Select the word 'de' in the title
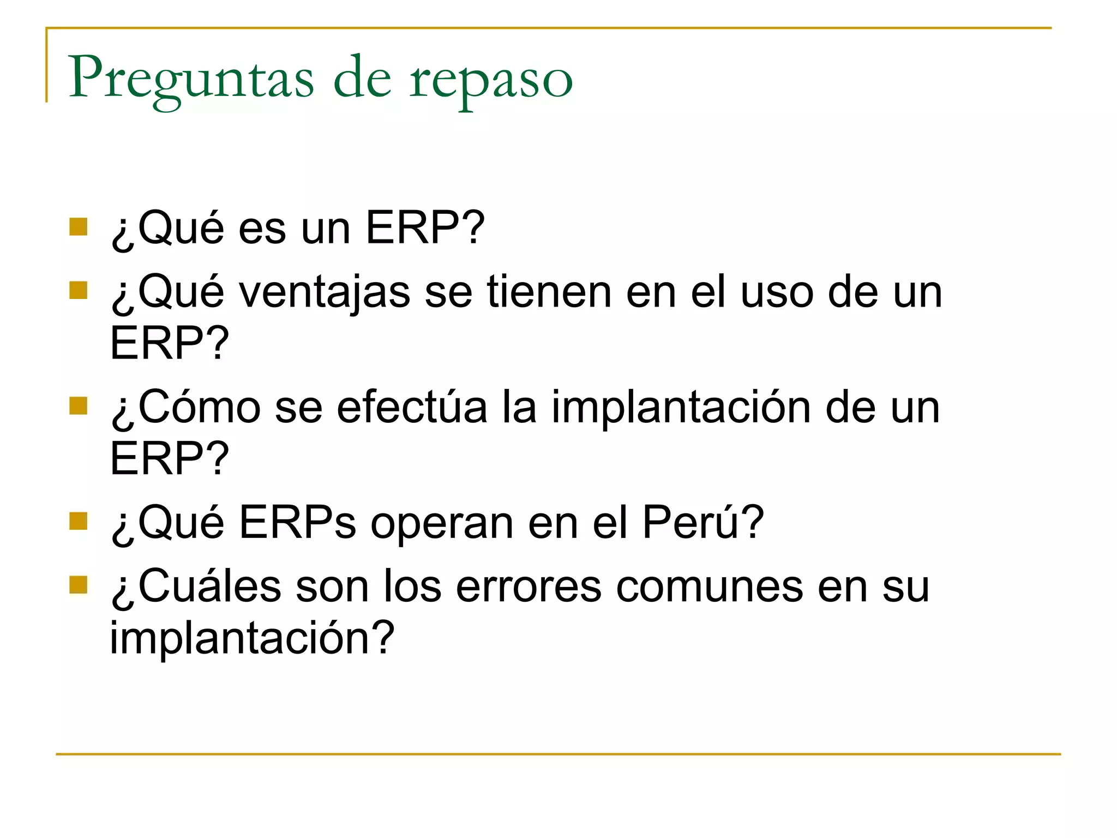tap(362, 77)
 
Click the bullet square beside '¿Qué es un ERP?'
tap(79, 226)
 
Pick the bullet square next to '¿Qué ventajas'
tap(79, 290)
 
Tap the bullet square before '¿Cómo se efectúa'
tap(79, 406)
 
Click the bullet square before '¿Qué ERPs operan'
tap(79, 521)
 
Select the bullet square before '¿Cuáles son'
tap(79, 585)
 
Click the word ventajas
tap(325, 292)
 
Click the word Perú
tap(695, 522)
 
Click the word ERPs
tap(297, 522)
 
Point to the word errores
tap(529, 587)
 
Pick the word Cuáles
tap(210, 586)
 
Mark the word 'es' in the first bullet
tap(262, 229)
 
